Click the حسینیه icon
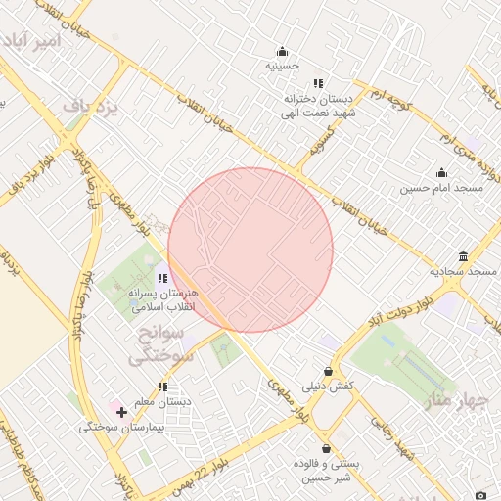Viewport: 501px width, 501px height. pos(283,52)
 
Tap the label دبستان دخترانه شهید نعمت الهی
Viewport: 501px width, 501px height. pos(318,106)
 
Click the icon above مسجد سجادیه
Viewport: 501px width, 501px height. pos(463,255)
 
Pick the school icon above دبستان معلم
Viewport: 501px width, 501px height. pos(162,387)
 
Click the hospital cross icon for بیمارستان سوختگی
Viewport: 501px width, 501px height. pos(121,413)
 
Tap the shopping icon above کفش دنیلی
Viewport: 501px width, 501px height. pos(327,371)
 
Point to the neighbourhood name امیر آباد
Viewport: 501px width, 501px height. pos(32,42)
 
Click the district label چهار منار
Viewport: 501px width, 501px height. pos(450,399)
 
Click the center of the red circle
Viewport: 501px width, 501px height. pos(250,250)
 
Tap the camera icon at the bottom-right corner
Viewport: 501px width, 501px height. pos(479,493)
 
